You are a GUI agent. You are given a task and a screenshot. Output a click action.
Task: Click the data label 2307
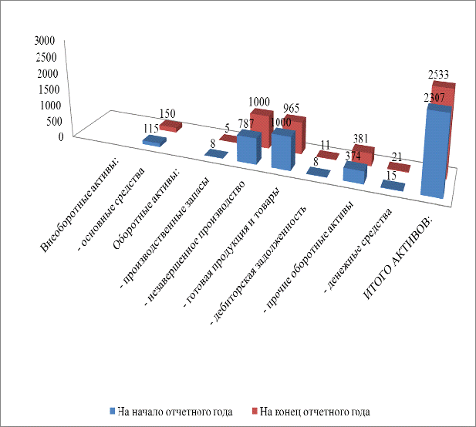436,97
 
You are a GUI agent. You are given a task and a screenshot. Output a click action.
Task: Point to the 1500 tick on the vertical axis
44,89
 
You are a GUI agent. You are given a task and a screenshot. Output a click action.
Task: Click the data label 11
327,145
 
